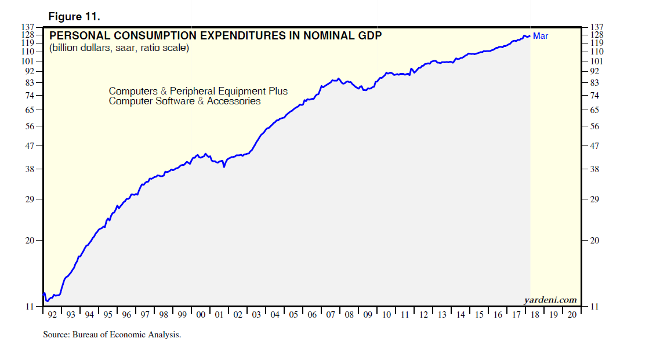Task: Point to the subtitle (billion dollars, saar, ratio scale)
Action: [119, 48]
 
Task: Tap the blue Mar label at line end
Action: [541, 36]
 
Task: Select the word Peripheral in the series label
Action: [192, 91]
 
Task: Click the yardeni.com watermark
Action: [550, 300]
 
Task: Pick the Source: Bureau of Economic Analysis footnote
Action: [112, 334]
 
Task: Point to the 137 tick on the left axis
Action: [29, 27]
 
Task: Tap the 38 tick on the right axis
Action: [594, 169]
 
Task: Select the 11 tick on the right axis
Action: [593, 307]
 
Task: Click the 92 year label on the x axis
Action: [52, 315]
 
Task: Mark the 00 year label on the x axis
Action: [201, 315]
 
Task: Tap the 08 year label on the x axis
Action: [349, 315]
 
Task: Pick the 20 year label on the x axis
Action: [571, 315]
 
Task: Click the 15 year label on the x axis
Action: [479, 315]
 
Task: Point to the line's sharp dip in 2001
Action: [224, 167]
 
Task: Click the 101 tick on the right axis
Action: [596, 61]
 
